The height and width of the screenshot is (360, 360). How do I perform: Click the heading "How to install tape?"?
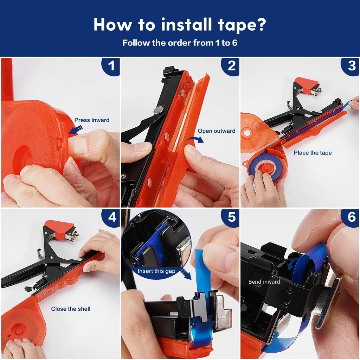180,24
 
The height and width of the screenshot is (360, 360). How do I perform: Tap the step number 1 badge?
111,66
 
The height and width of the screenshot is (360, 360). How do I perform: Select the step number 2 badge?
231,66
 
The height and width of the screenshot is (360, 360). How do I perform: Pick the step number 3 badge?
351,66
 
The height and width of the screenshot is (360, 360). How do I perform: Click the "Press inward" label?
92,120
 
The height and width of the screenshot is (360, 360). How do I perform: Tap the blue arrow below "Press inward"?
73,131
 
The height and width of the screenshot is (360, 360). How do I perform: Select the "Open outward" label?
216,131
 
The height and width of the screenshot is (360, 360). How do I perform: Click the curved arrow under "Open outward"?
195,139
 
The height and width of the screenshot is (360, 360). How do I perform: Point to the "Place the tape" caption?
313,153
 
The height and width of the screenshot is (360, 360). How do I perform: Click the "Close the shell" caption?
71,309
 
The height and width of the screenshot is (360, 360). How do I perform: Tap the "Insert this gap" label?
156,271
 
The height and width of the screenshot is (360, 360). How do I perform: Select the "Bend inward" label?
264,282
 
